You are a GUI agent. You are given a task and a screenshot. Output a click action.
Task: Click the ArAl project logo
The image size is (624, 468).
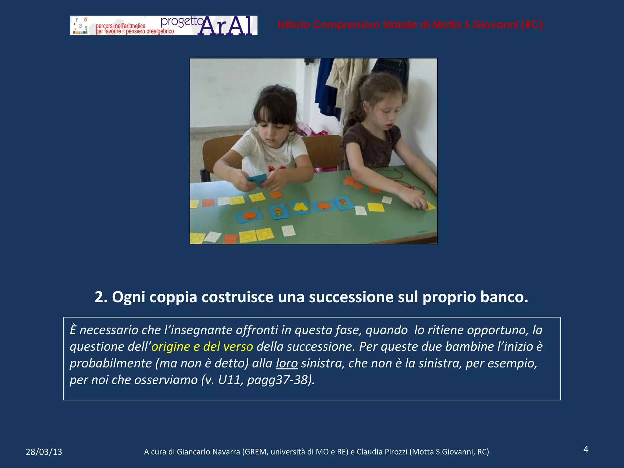(x=164, y=26)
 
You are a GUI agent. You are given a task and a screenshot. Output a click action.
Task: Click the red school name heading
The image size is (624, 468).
(x=410, y=25)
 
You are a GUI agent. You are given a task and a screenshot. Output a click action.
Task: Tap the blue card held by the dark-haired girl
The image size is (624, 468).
(x=257, y=179)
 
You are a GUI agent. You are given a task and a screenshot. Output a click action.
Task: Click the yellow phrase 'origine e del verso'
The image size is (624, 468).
(x=202, y=347)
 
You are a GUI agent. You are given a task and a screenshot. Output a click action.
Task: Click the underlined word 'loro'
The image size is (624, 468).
(x=287, y=363)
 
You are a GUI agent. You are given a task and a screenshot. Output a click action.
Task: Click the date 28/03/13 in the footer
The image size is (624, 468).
(x=44, y=452)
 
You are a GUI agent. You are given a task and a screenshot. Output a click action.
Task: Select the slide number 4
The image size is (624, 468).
(x=586, y=449)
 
